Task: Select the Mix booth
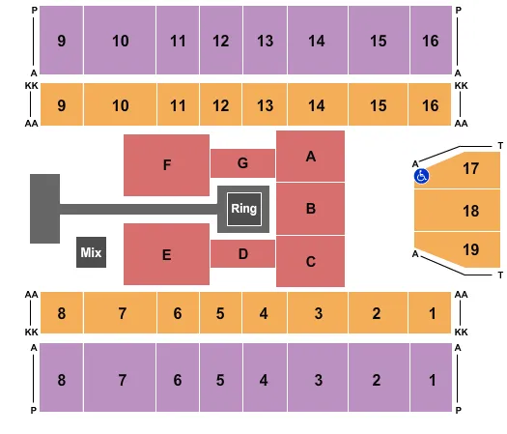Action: coord(91,252)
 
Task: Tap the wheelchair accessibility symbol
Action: coord(421,177)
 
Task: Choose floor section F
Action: coord(166,165)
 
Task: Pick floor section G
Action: coord(242,163)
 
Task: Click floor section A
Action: coord(311,156)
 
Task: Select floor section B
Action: coord(311,208)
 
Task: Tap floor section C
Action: coord(311,261)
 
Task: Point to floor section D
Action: coord(242,253)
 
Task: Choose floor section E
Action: coord(166,255)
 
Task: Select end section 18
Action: coord(470,210)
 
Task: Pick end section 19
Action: coord(470,249)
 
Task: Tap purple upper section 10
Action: coord(120,41)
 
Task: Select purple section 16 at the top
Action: coord(431,41)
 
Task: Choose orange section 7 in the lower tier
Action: coord(123,313)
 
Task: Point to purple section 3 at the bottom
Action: coord(317,380)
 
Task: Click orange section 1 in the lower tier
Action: coord(431,313)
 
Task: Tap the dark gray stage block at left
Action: coord(44,208)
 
